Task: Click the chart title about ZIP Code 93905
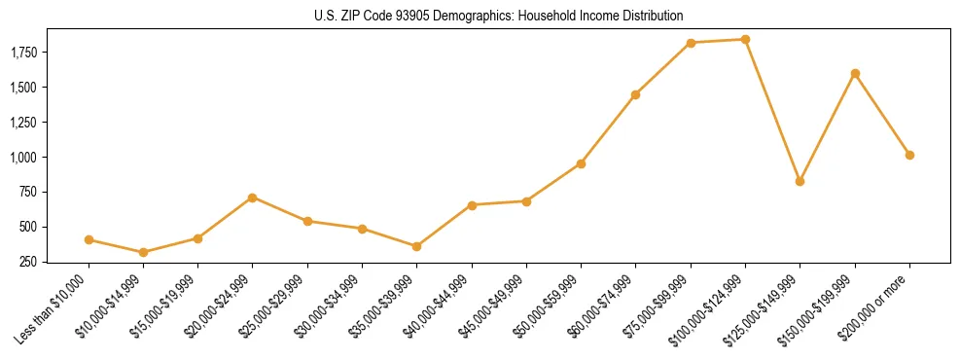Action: (499, 16)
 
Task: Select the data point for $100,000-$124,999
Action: (745, 40)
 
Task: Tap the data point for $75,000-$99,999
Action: (691, 43)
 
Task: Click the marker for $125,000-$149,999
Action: (800, 181)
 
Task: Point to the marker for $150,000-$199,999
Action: (855, 73)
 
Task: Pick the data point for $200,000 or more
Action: (909, 155)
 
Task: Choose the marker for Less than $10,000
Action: (89, 239)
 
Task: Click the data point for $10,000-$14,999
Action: (144, 252)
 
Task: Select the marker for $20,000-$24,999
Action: (253, 198)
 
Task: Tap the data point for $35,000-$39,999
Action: (362, 246)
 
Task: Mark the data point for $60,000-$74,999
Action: (635, 94)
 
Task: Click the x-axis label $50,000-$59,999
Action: (551, 306)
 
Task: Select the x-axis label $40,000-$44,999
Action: (443, 306)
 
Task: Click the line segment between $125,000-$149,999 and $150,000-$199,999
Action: (828, 126)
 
